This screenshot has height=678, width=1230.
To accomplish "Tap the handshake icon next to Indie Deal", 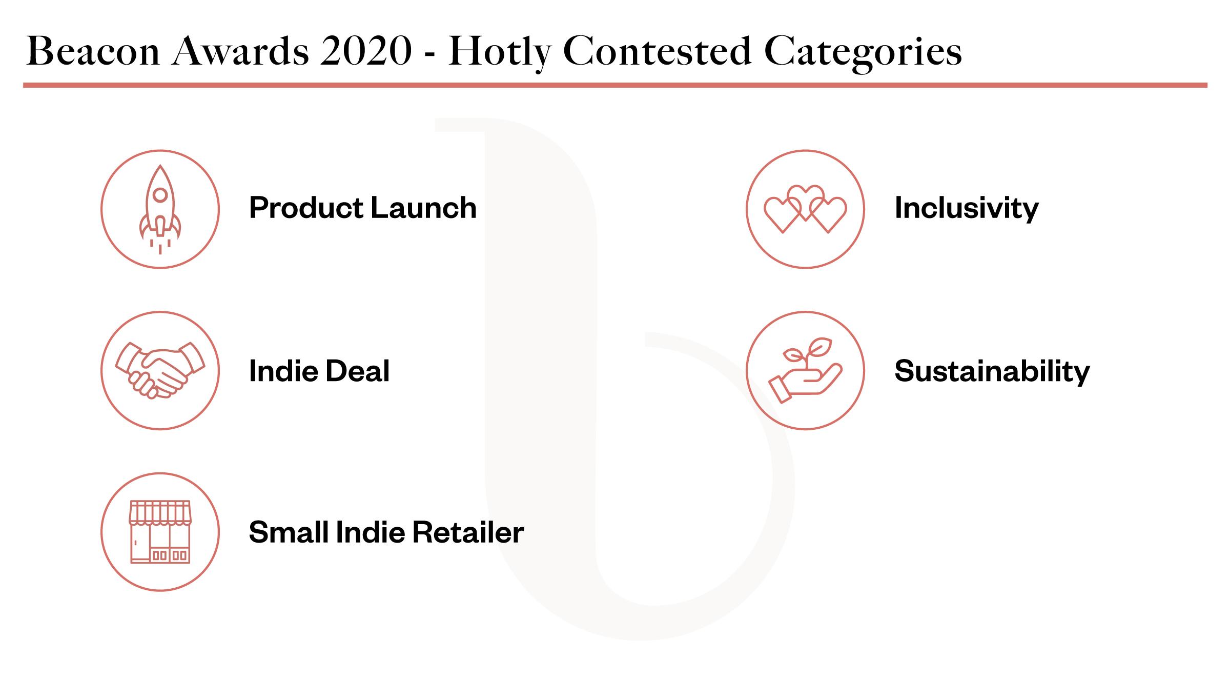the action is [160, 370].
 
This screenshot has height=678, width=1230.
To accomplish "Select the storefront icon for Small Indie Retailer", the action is [160, 532].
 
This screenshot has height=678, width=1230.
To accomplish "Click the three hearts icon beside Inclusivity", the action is [805, 209].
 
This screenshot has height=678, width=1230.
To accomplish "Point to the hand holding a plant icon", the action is [805, 370].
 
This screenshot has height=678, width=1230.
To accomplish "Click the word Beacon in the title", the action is [93, 51].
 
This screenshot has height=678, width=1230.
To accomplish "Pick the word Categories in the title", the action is [863, 52].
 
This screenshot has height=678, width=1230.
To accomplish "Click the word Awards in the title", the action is [240, 51].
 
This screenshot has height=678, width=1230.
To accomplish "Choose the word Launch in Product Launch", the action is [423, 208].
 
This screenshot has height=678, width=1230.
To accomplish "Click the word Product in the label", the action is [306, 208].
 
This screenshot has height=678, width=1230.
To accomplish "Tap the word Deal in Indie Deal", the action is [358, 371].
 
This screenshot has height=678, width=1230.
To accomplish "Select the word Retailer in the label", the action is [468, 532].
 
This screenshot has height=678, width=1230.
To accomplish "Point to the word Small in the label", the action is [289, 532].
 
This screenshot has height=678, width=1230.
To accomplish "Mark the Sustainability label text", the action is [992, 372].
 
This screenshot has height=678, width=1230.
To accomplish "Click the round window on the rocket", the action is [160, 195].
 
